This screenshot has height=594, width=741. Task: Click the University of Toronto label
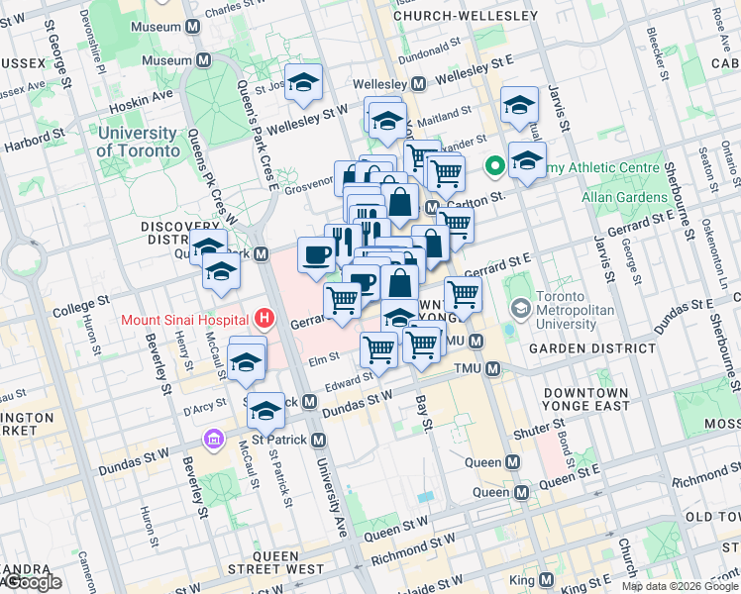(139, 142)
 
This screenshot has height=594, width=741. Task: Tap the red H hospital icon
(265, 319)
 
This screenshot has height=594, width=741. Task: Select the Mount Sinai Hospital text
(183, 320)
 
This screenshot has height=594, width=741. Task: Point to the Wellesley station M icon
(419, 84)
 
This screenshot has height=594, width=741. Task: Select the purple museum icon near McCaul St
(212, 439)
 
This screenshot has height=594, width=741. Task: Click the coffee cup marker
(317, 255)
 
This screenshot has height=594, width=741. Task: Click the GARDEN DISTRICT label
(581, 348)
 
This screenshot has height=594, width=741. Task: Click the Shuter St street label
(538, 434)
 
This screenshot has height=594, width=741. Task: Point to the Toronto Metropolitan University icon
(517, 308)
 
